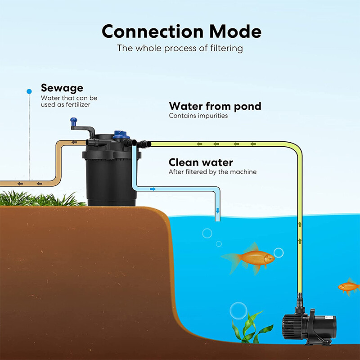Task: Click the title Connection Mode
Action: [x=181, y=31]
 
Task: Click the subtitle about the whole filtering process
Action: [x=180, y=48]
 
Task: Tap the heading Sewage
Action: [x=62, y=88]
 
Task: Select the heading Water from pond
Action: [x=215, y=106]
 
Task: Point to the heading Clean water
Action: [x=201, y=162]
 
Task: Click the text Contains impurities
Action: [x=198, y=116]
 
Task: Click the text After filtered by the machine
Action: [x=213, y=172]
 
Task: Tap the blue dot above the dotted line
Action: [x=29, y=91]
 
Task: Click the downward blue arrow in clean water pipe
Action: [x=218, y=211]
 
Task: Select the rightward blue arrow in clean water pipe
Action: [x=153, y=189]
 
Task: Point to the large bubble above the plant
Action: [x=238, y=310]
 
